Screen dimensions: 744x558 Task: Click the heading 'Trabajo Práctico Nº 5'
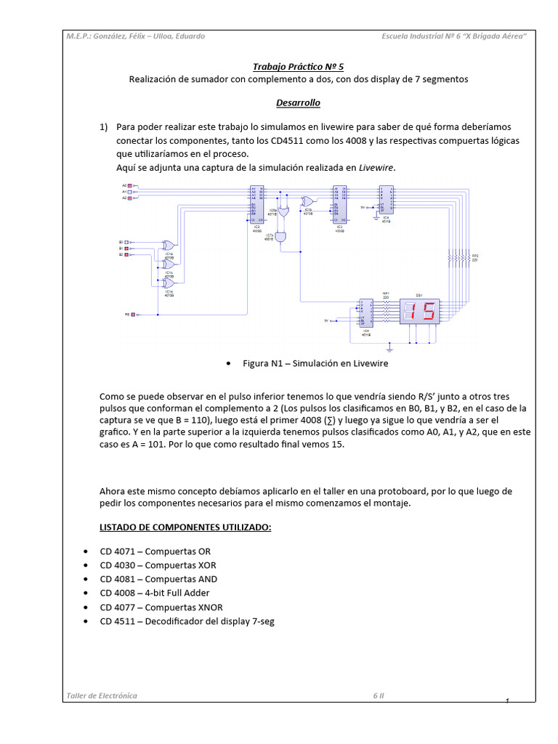tap(299, 66)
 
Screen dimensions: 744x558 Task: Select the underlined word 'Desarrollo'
tap(298, 103)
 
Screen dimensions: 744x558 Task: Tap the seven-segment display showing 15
tap(420, 312)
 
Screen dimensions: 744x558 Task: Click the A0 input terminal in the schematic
tap(130, 186)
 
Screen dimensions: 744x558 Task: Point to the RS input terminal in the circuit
tap(132, 315)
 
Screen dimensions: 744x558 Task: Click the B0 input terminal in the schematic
tap(127, 241)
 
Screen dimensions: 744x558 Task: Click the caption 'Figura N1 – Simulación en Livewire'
tap(315, 363)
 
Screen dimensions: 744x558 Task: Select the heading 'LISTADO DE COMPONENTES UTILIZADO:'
tap(185, 527)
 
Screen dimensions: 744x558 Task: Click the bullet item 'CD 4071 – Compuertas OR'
tap(155, 551)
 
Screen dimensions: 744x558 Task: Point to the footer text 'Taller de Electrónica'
tap(101, 695)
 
